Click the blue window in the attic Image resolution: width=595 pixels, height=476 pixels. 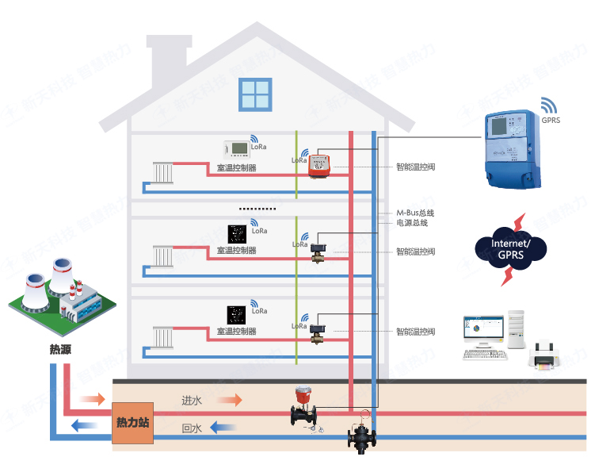(x=255, y=95)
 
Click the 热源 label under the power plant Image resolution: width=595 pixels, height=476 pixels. (x=61, y=348)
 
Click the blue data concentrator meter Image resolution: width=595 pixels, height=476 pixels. (x=513, y=148)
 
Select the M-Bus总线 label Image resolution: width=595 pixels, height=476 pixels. (x=415, y=213)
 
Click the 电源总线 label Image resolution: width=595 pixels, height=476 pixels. (x=412, y=223)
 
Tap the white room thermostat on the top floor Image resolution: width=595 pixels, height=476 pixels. (x=236, y=148)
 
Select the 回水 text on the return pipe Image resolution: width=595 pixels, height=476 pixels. (x=192, y=428)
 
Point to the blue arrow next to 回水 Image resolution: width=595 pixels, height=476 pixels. (x=225, y=428)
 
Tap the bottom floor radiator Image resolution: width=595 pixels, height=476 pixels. (x=163, y=336)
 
